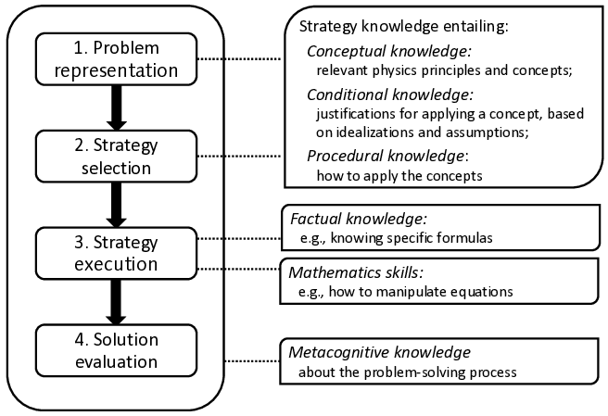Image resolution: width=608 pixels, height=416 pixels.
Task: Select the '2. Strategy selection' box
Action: (115, 156)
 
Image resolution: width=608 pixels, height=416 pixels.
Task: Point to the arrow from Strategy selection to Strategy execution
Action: (115, 204)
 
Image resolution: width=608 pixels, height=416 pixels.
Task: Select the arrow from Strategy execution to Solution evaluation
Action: (115, 300)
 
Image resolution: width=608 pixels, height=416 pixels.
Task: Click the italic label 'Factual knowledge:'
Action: (358, 221)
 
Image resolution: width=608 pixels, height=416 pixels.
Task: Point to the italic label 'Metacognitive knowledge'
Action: (380, 352)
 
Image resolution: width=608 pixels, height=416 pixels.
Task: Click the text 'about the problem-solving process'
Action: (407, 372)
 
